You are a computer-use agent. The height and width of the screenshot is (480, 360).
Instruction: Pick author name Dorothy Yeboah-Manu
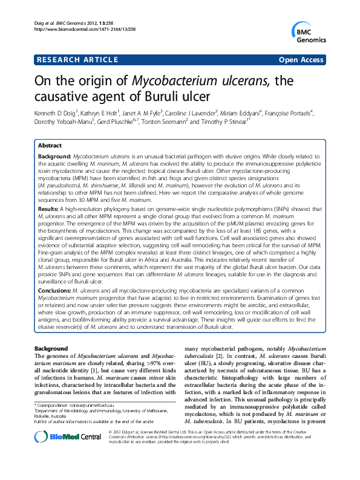61,122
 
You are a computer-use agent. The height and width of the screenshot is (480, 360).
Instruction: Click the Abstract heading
50,146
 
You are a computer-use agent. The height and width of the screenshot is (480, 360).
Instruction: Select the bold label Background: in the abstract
54,156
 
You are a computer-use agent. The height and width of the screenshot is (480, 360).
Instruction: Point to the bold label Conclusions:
55,290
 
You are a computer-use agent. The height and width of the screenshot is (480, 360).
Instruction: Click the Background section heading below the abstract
51,349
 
